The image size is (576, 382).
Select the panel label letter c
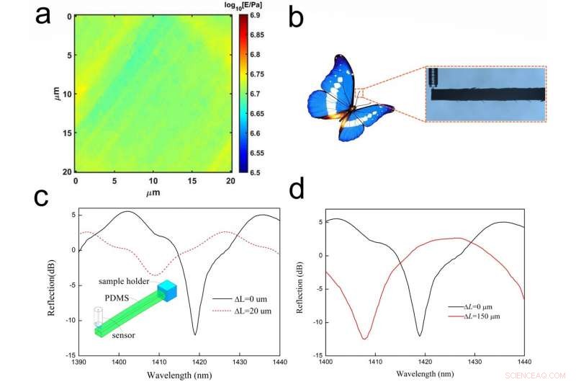pos(44,197)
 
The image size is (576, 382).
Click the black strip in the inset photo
pos(490,94)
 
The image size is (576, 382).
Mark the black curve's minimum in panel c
pos(195,334)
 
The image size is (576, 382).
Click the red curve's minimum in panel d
pos(365,338)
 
